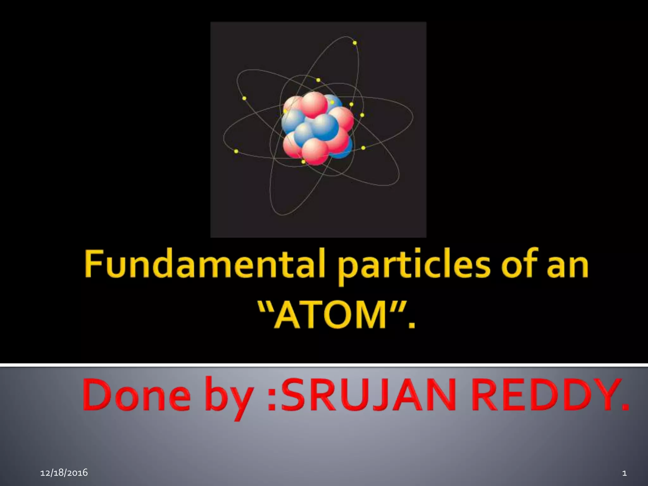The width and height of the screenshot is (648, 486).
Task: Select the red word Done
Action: tap(136, 396)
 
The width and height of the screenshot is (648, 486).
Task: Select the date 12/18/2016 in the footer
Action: tap(64, 473)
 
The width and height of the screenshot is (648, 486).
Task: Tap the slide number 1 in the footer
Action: tap(624, 473)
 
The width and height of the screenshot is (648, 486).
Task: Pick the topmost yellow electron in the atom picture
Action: tap(355, 43)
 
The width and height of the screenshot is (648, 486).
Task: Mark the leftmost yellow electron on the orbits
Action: tap(236, 151)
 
